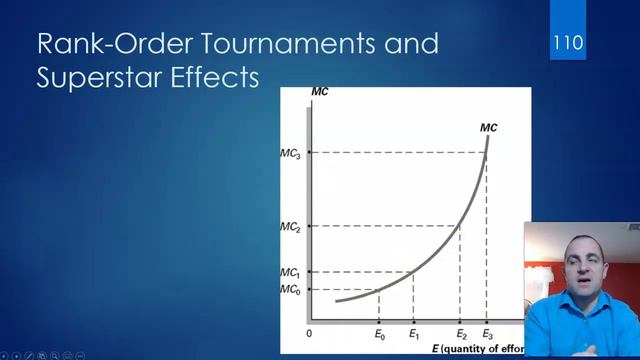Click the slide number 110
tap(567, 44)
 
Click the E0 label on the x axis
tap(380, 333)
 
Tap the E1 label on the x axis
tap(414, 333)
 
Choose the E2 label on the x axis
tap(461, 333)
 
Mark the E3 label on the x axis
tap(488, 333)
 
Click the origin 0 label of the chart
tap(310, 333)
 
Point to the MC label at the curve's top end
tap(488, 127)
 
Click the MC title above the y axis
tap(320, 93)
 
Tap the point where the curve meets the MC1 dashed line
tap(413, 273)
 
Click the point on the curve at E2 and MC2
tap(460, 227)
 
